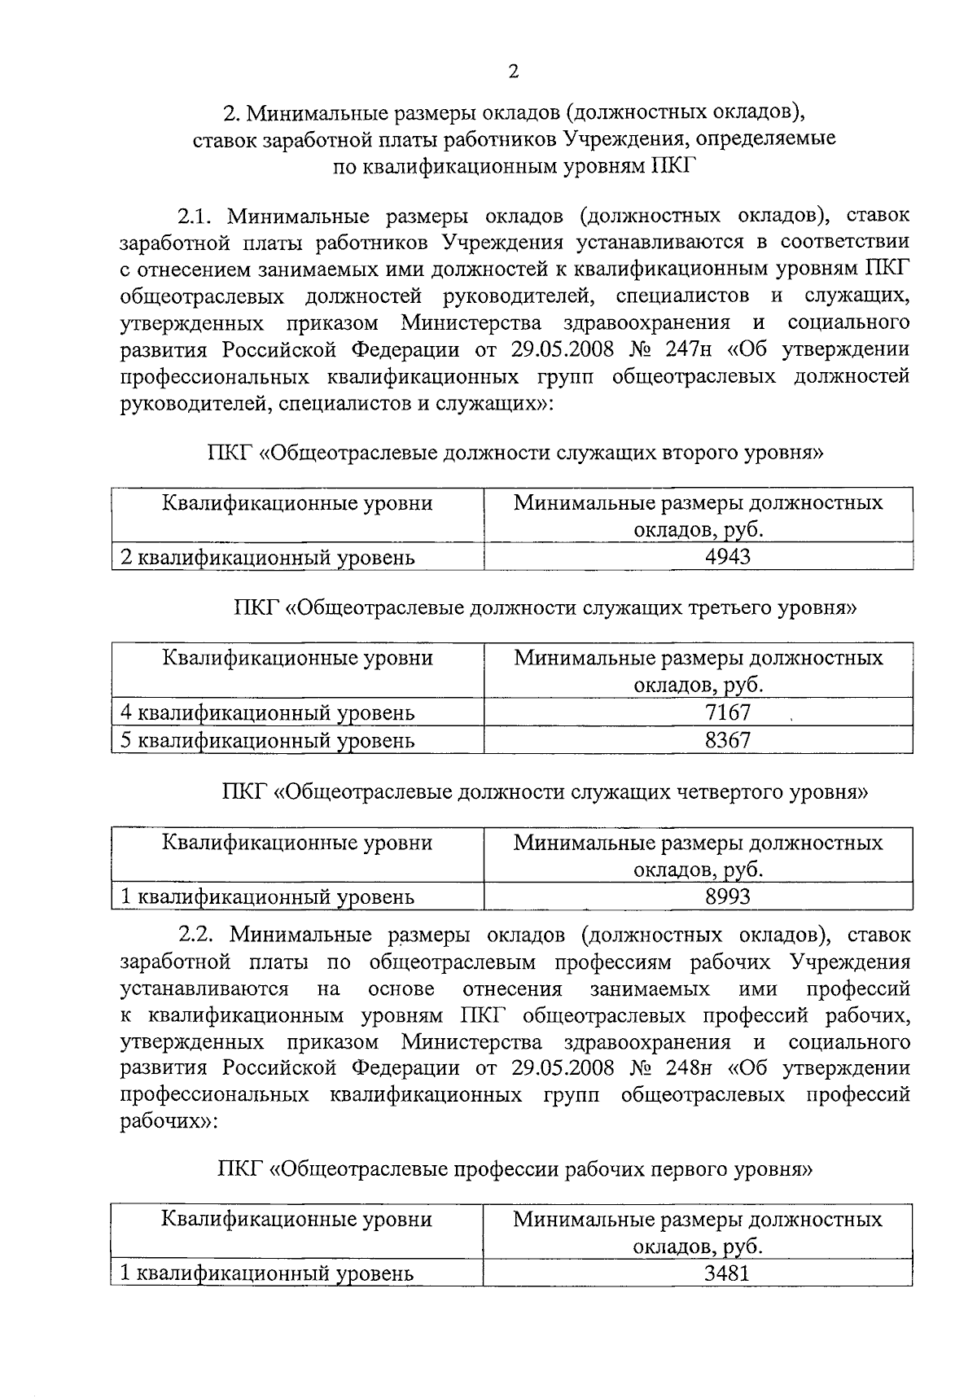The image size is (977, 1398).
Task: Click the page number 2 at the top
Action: [513, 72]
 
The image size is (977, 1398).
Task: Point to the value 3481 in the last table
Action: [726, 1273]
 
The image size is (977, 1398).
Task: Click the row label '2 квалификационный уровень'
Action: [267, 558]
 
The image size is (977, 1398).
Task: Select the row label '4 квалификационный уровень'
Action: [267, 712]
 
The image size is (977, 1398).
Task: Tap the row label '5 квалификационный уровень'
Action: [267, 740]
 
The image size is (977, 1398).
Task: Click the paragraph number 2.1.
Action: [195, 216]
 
